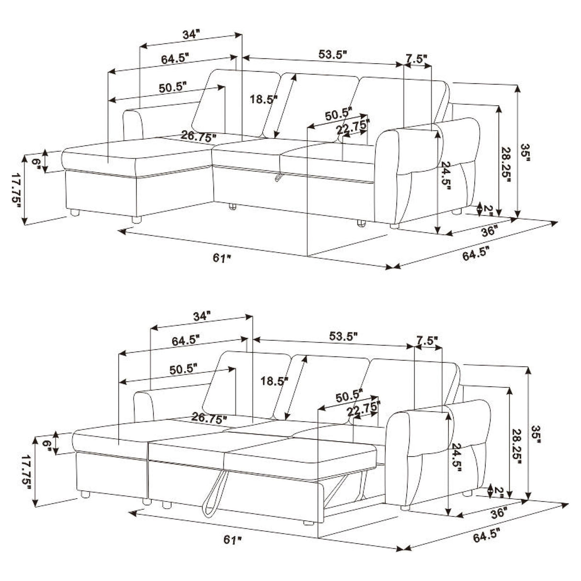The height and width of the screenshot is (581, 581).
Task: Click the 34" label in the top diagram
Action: point(190,34)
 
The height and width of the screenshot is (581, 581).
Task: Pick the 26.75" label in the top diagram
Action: point(197,136)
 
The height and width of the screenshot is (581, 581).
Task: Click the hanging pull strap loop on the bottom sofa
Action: point(211,498)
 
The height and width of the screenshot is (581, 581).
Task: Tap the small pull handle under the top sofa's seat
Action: point(278,178)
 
